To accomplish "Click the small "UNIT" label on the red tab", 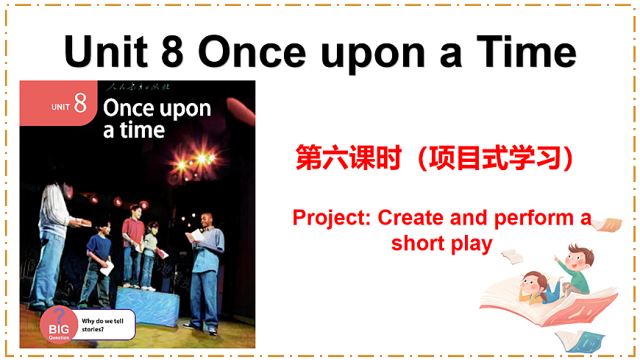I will pos(61,107).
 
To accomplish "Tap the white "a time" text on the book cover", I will pos(134,130).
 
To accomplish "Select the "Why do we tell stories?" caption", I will pos(102,325).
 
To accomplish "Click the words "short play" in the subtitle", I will pos(441,243).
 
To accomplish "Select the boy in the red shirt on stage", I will pos(132,243).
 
